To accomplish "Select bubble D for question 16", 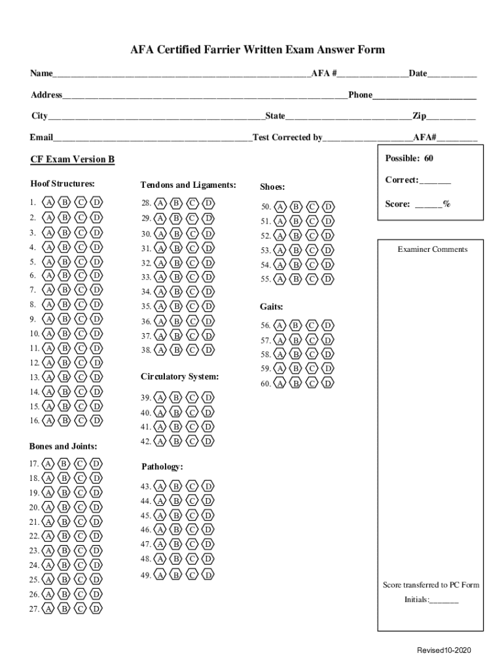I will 96,421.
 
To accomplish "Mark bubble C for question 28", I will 192,203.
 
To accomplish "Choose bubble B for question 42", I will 175,441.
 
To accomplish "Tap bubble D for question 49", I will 207,575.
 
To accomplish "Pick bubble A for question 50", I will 280,207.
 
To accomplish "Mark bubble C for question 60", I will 312,383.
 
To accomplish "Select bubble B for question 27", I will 64,609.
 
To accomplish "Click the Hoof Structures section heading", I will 62,184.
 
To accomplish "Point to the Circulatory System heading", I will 179,377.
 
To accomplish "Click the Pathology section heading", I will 162,467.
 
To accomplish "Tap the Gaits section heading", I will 271,306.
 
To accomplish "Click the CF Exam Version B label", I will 72,160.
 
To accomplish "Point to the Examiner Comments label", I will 432,249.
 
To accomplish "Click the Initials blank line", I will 444,600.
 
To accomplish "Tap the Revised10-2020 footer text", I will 444,650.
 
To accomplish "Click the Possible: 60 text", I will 409,158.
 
